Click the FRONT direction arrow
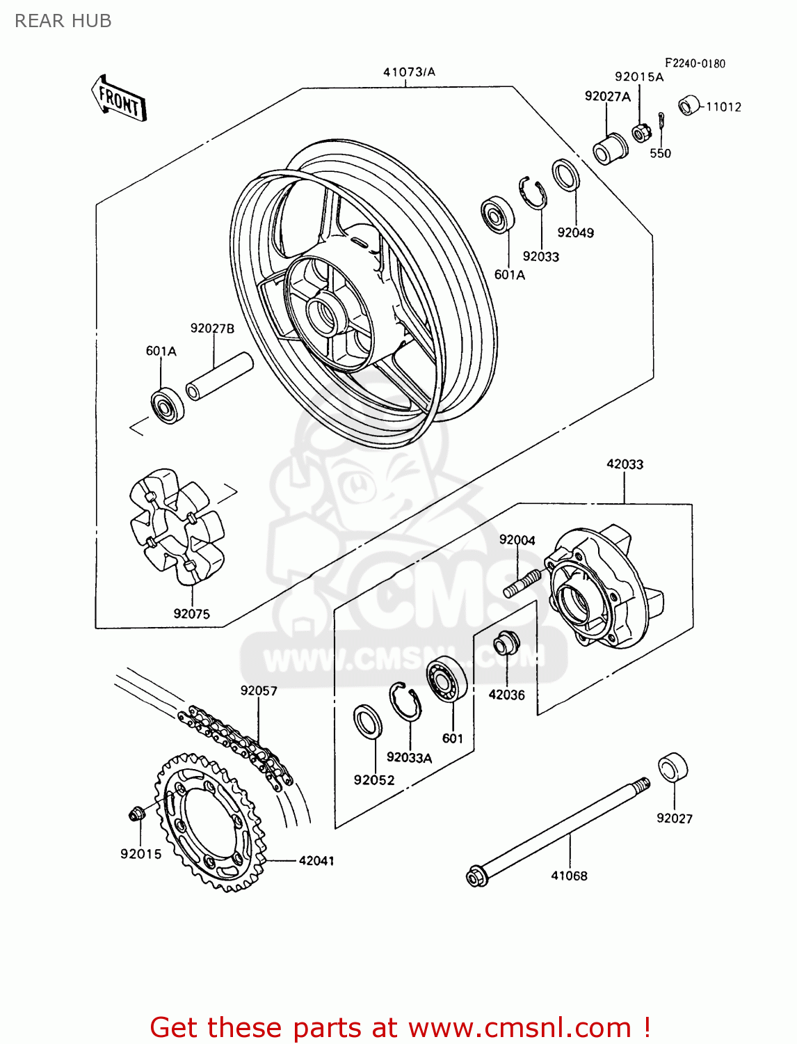[x=118, y=100]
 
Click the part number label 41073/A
[x=409, y=72]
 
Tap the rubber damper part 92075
[x=177, y=525]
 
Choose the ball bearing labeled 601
[x=446, y=679]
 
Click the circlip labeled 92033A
[x=405, y=702]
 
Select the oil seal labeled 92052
[x=368, y=722]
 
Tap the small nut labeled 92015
[x=136, y=812]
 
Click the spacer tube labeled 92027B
[x=218, y=377]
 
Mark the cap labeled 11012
[x=690, y=104]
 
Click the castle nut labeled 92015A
[x=640, y=131]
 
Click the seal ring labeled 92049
[x=565, y=175]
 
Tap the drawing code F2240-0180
[x=695, y=63]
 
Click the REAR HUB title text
[x=63, y=21]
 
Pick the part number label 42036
[x=506, y=695]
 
